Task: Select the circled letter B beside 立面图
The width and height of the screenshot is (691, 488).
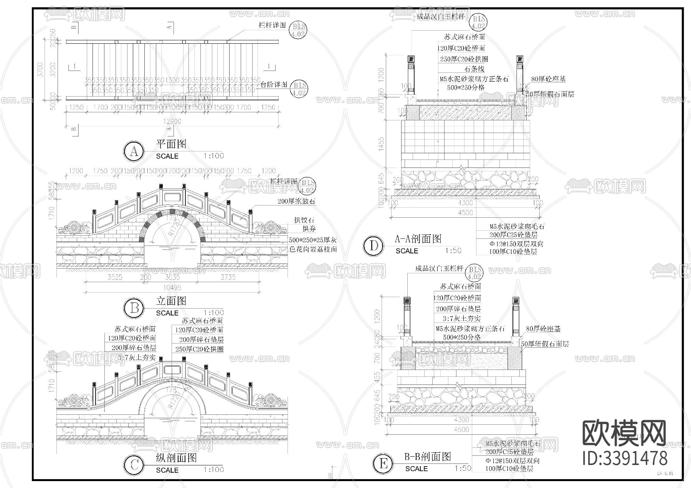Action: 134,308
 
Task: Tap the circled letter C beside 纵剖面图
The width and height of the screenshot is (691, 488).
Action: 134,465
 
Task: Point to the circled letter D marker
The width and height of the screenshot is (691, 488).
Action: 373,246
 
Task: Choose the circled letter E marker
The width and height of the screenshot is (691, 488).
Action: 383,464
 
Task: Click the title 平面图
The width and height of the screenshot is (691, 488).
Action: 171,144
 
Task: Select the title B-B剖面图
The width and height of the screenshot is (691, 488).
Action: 427,457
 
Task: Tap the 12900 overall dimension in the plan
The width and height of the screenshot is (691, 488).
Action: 172,122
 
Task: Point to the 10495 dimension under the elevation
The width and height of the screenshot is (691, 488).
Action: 172,288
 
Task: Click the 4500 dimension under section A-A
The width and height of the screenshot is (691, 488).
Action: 465,212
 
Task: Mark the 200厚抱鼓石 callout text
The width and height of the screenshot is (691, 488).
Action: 296,201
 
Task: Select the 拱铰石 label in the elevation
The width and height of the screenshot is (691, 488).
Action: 304,220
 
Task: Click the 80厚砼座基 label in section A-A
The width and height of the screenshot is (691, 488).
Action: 548,79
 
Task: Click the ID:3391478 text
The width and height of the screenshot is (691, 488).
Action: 625,458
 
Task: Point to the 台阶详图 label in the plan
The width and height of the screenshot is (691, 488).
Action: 274,85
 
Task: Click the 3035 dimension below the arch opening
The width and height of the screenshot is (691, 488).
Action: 172,277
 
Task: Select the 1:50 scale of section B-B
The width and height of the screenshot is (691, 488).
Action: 463,468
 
